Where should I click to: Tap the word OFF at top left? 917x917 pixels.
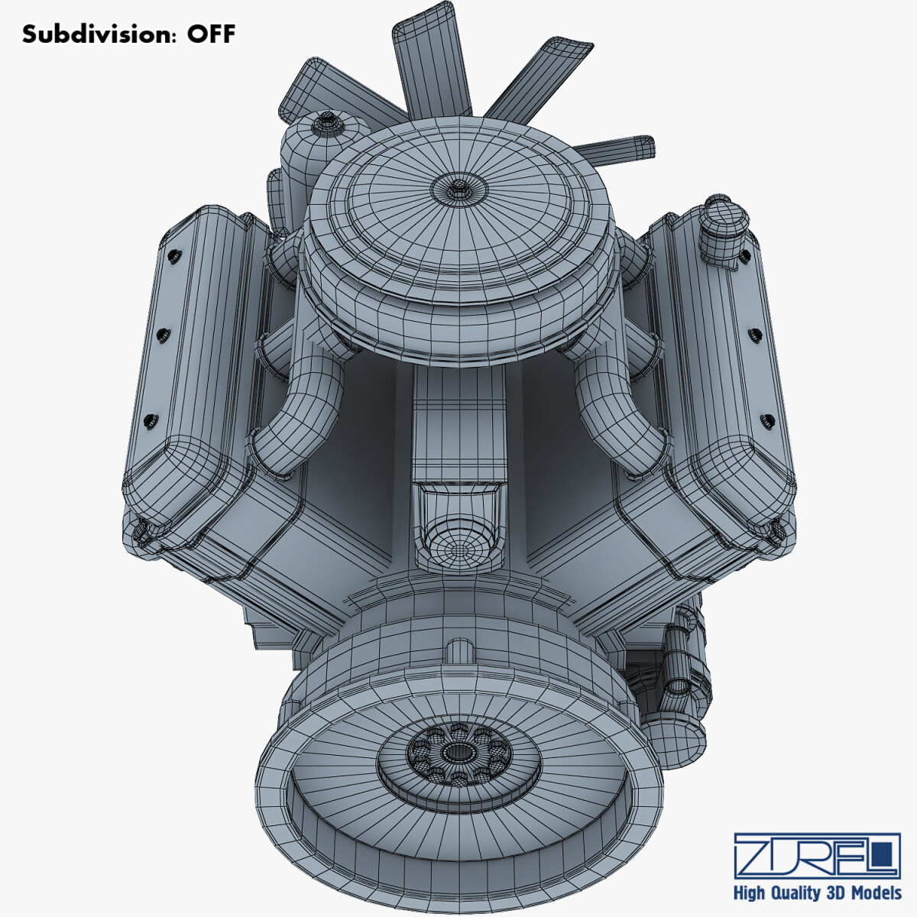(211, 34)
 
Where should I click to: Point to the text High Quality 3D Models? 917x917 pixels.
(817, 893)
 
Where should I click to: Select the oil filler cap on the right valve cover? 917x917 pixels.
(723, 222)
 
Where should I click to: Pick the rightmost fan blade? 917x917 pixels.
(619, 147)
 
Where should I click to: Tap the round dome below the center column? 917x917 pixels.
(458, 546)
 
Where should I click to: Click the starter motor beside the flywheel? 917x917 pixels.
(676, 672)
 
